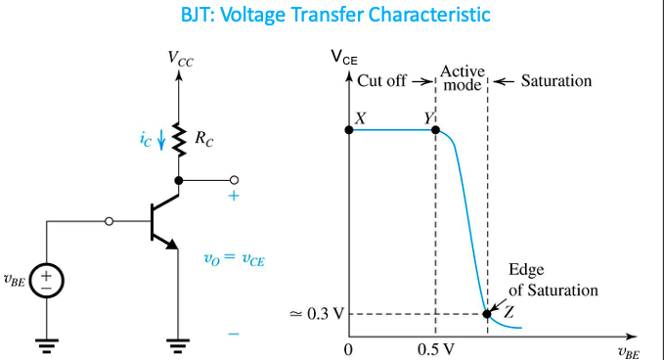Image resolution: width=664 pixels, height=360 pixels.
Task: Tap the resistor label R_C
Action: tap(203, 141)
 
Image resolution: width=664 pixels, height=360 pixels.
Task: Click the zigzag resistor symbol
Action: tap(178, 139)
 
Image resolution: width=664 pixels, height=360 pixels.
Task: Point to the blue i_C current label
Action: tap(147, 140)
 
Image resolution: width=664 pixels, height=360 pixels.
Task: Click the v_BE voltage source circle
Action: tap(46, 280)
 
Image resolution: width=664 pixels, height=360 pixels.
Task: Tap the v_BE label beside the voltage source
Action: tap(15, 280)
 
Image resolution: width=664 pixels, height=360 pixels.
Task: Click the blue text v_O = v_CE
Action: tap(235, 259)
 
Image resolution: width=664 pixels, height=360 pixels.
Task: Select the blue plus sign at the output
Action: tap(234, 196)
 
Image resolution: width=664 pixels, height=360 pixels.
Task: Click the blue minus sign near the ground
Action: tap(234, 334)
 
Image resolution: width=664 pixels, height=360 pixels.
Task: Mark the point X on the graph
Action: tap(350, 129)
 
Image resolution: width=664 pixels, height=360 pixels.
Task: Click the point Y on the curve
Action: tap(435, 129)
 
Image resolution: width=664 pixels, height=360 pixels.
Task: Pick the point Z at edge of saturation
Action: tap(487, 314)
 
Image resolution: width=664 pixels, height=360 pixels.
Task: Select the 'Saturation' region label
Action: tap(555, 80)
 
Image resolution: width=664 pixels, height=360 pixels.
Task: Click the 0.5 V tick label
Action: tap(434, 349)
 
